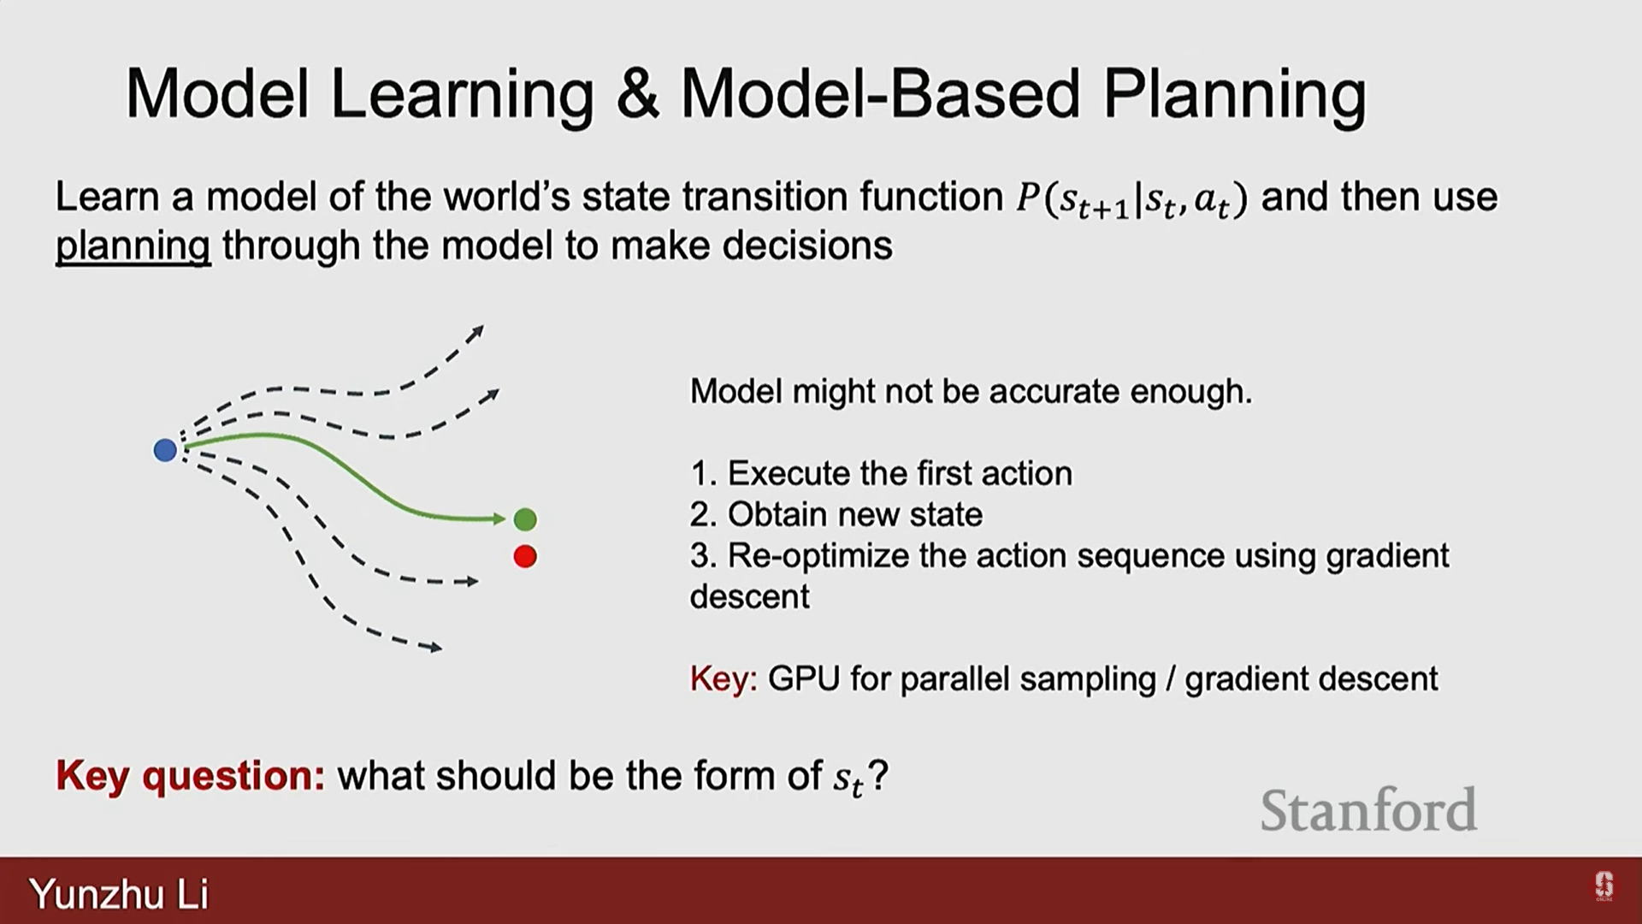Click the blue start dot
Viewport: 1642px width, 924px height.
(x=165, y=450)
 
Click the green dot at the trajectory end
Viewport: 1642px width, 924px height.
(x=525, y=519)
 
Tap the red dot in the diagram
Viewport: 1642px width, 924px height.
(x=525, y=557)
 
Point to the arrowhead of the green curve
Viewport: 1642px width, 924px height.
(x=499, y=518)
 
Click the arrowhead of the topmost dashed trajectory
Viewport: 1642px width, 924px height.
(x=478, y=331)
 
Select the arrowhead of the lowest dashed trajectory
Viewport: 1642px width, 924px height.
(x=435, y=648)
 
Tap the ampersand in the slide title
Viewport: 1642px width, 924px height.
(x=637, y=93)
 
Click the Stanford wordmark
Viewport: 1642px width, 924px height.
(x=1368, y=810)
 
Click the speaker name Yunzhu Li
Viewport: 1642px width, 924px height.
(x=119, y=894)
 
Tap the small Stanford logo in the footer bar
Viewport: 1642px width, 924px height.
(x=1604, y=886)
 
